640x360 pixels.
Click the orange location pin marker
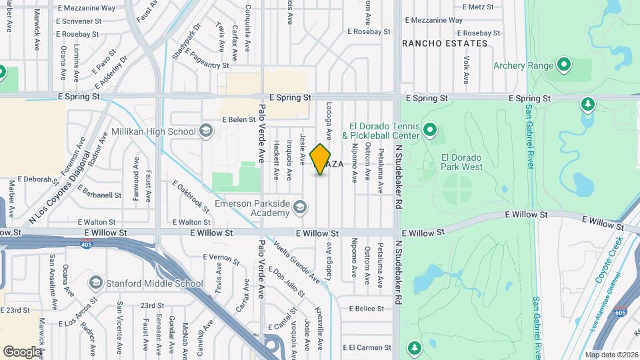pos(321,159)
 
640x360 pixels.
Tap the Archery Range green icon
pos(564,65)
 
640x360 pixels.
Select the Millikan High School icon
pos(206,131)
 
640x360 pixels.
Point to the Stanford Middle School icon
pos(95,283)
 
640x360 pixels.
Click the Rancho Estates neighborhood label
pos(445,43)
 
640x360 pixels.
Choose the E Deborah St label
pos(34,179)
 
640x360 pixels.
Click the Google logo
pos(22,351)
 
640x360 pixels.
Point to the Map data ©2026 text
pos(611,355)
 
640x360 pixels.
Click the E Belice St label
pos(366,309)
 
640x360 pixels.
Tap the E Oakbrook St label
pos(191,197)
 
